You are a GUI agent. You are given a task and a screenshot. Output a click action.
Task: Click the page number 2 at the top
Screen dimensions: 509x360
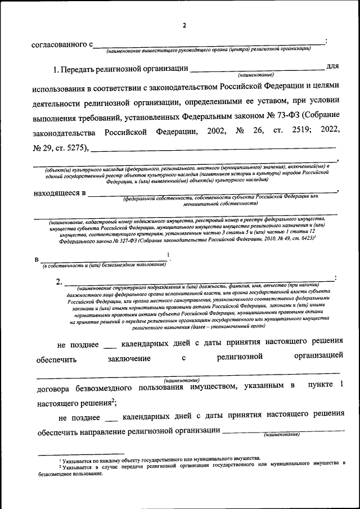point(183,25)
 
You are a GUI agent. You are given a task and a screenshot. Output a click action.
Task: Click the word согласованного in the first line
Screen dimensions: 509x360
point(58,44)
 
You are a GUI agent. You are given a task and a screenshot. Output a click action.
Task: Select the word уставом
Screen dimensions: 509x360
point(258,100)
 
